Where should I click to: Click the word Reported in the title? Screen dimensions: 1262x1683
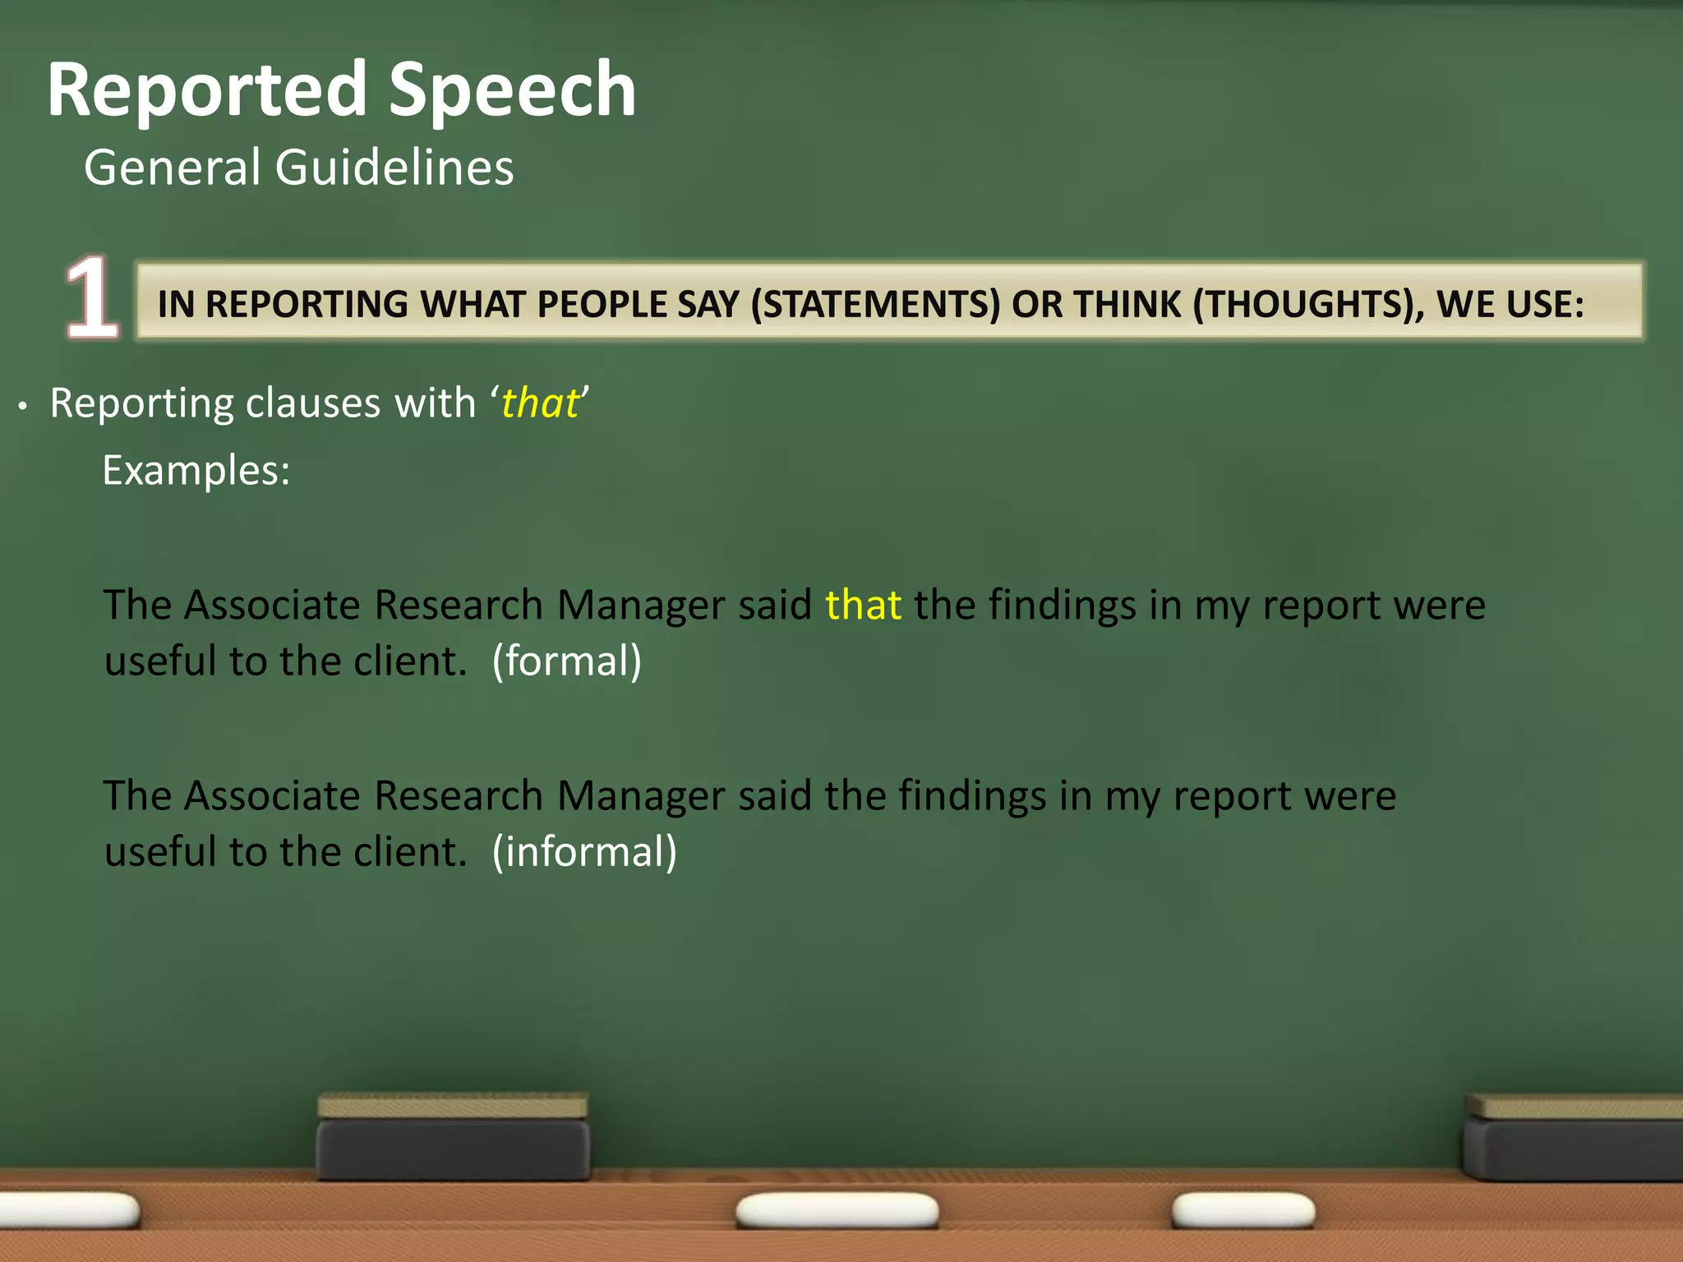(x=206, y=90)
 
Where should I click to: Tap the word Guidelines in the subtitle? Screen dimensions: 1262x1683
(x=394, y=168)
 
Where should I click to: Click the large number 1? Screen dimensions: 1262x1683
(x=91, y=297)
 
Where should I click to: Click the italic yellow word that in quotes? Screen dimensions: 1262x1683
(x=540, y=403)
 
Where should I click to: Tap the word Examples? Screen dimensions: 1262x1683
(x=196, y=471)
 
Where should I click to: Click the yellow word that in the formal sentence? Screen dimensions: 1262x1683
(x=863, y=606)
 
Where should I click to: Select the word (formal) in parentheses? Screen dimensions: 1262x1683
(x=566, y=661)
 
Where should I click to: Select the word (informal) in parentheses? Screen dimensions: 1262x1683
(x=584, y=852)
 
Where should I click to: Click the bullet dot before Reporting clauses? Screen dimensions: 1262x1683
(x=24, y=406)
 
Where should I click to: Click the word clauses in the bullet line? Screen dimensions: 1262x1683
(x=313, y=403)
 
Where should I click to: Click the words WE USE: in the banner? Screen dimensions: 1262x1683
(x=1510, y=305)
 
